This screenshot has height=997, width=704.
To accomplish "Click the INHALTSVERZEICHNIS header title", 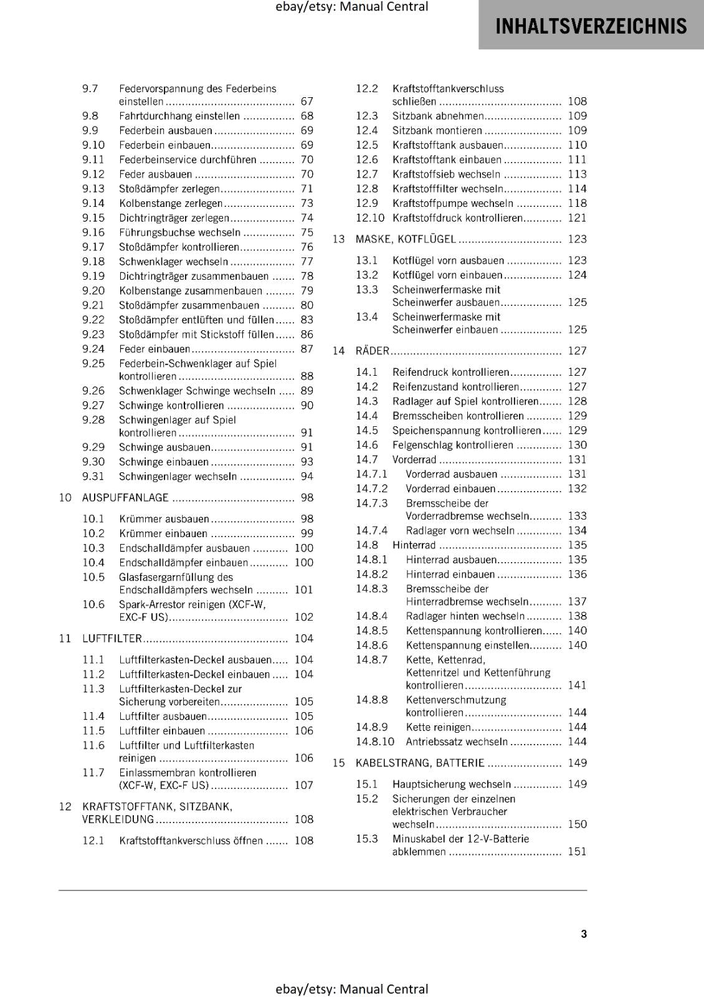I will [591, 26].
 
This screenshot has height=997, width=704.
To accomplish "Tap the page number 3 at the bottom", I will [584, 933].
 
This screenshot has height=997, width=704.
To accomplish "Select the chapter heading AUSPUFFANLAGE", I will [125, 497].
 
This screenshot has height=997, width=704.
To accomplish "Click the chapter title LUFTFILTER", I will [112, 638].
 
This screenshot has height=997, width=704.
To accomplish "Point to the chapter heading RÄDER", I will [372, 351].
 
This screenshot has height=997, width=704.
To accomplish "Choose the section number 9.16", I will [93, 232].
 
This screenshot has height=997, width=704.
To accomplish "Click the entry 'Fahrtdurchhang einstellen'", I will [179, 116].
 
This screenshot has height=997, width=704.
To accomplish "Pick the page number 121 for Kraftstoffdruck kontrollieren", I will [577, 218].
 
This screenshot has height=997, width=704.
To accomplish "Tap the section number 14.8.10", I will [375, 742].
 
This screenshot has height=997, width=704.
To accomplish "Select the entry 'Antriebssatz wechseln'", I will [457, 742].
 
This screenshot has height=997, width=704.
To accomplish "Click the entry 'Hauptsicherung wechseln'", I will [452, 784].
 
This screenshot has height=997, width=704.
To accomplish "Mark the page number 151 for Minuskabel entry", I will [577, 851].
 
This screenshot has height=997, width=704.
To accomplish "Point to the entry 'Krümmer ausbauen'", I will [164, 518].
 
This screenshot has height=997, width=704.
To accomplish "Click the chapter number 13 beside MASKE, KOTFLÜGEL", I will [338, 239].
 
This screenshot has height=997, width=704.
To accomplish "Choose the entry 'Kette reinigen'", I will [439, 727].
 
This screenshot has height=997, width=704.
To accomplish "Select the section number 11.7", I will [93, 773].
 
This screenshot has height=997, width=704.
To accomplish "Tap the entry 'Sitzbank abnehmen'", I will [438, 116].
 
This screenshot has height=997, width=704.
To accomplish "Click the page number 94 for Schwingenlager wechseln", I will [307, 477].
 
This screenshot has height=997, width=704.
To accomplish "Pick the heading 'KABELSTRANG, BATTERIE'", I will [420, 763].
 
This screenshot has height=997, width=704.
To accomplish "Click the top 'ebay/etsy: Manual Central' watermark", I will [351, 7].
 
